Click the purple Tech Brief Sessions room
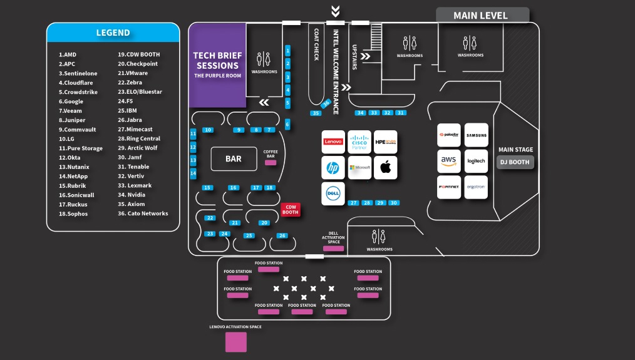click(217, 65)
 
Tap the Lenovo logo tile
click(333, 142)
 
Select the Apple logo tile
click(385, 168)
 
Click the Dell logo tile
click(333, 194)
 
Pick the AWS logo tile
click(448, 161)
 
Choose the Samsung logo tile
click(476, 135)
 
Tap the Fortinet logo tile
click(448, 187)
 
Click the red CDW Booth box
click(290, 210)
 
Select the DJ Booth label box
click(515, 162)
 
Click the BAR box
click(234, 159)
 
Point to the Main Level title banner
click(482, 15)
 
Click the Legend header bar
click(113, 33)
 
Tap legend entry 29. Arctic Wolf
click(138, 148)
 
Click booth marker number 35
click(316, 113)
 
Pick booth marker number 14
click(193, 173)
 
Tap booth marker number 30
click(393, 203)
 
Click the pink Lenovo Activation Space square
click(236, 342)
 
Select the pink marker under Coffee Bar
click(271, 163)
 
